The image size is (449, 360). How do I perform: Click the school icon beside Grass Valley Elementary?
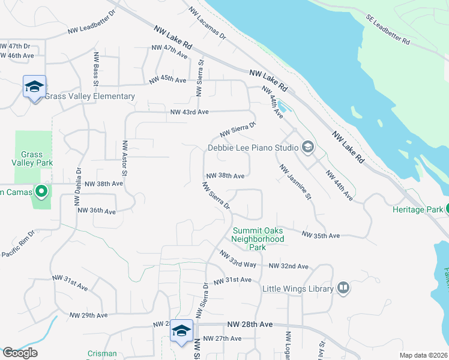click(34, 87)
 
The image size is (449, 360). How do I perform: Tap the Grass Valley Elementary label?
click(89, 97)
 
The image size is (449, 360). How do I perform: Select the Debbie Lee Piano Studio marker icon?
click(307, 147)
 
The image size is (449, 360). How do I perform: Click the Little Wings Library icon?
click(343, 289)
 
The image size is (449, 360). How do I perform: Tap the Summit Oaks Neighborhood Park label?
click(258, 239)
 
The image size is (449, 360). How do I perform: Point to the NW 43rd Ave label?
click(189, 112)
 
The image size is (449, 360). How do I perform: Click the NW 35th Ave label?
click(321, 235)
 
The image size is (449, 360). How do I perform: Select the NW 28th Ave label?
click(250, 324)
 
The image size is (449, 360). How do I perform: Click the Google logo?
click(20, 353)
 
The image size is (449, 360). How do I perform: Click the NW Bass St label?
click(95, 69)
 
